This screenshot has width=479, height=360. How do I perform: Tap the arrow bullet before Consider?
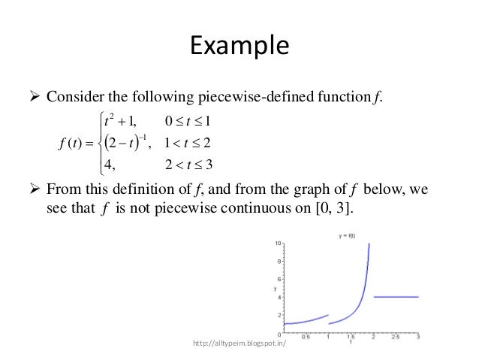click(x=35, y=98)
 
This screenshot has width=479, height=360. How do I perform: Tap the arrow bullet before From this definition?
click(x=35, y=190)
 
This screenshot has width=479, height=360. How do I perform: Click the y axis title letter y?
click(x=275, y=288)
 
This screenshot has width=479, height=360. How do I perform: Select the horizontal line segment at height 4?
click(x=396, y=297)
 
